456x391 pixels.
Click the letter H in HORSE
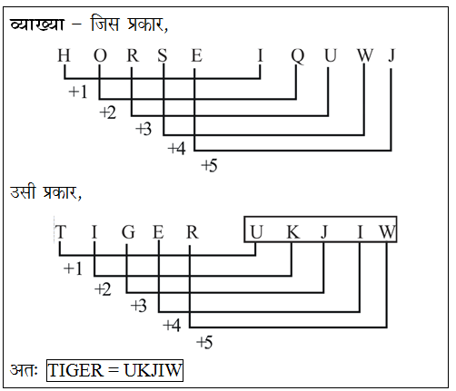click(x=64, y=55)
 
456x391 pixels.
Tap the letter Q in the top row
click(x=297, y=56)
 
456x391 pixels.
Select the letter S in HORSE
click(x=163, y=55)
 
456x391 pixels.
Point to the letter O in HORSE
click(x=100, y=55)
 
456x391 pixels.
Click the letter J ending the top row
click(x=392, y=55)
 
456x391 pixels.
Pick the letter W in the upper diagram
click(x=365, y=55)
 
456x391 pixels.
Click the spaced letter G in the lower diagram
click(x=128, y=232)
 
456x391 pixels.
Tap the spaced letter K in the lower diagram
click(x=293, y=232)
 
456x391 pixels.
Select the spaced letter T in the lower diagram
click(x=60, y=232)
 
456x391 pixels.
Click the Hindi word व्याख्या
click(x=36, y=24)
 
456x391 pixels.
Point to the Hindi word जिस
click(x=104, y=23)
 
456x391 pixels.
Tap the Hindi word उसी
click(x=23, y=191)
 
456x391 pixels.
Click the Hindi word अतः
click(x=24, y=370)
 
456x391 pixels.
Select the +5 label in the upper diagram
click(x=209, y=166)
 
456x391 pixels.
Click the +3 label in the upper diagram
click(x=144, y=129)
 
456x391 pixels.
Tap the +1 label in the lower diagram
click(x=73, y=269)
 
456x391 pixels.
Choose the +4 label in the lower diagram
click(x=172, y=326)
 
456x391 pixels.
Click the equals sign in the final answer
click(x=114, y=370)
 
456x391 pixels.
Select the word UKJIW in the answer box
click(x=153, y=370)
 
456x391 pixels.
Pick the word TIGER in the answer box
click(x=76, y=370)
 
